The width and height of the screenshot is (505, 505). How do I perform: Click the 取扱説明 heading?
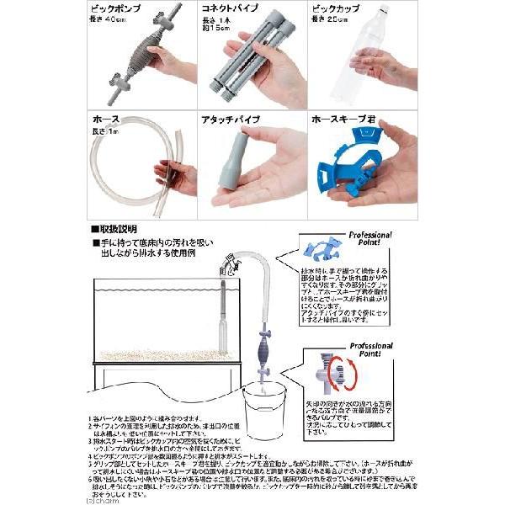118,228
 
